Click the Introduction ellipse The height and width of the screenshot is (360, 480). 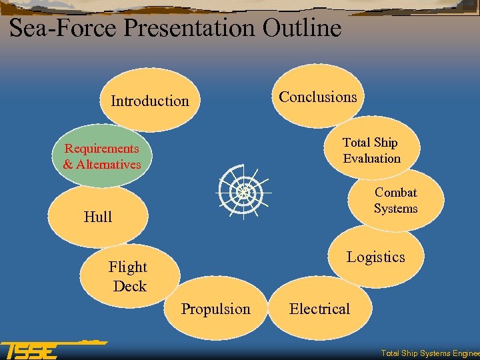149,101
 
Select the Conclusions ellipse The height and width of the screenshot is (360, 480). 318,97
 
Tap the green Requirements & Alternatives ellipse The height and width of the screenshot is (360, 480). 102,157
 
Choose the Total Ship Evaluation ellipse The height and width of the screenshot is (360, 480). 371,150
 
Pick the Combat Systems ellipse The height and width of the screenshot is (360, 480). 396,200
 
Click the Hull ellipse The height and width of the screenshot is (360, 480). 98,217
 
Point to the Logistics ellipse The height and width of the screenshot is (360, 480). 375,257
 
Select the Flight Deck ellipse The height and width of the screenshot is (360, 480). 129,276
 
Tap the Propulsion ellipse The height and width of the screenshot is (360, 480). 216,309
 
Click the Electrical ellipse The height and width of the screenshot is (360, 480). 319,309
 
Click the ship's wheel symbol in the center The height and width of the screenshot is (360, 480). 243,191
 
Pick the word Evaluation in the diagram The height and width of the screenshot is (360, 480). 372,159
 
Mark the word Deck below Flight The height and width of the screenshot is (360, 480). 130,286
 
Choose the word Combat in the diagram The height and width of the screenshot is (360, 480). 396,193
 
